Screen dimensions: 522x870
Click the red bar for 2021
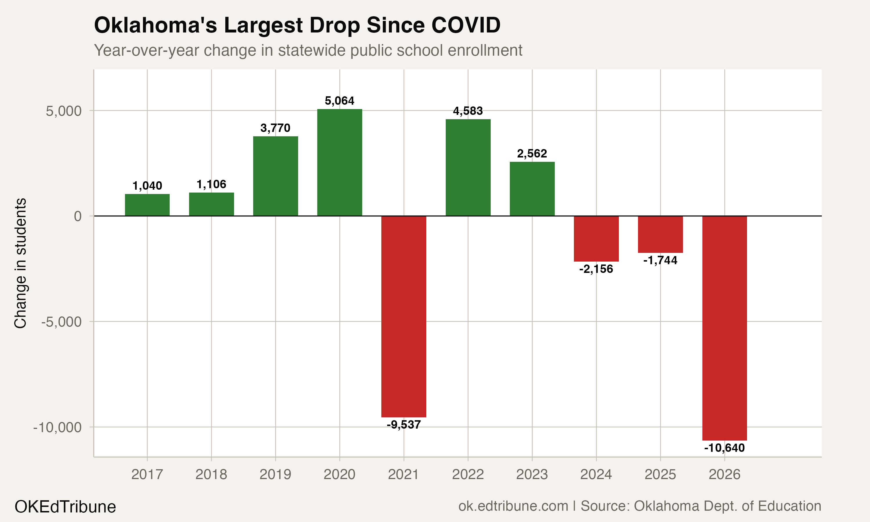[x=404, y=317]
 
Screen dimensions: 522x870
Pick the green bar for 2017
[x=147, y=205]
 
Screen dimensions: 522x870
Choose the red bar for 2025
[x=660, y=234]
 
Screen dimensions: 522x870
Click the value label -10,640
[x=724, y=448]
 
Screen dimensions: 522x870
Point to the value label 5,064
[x=340, y=101]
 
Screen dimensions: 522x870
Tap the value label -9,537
[x=404, y=425]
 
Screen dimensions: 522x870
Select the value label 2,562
[x=532, y=154]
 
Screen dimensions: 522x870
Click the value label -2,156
[x=596, y=269]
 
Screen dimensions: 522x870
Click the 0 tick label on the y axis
[x=78, y=216]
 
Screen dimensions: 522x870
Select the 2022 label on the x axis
[x=468, y=475]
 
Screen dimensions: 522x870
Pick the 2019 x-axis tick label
[x=275, y=475]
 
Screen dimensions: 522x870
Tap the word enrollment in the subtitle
[x=485, y=50]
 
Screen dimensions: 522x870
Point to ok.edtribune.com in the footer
[x=513, y=506]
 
